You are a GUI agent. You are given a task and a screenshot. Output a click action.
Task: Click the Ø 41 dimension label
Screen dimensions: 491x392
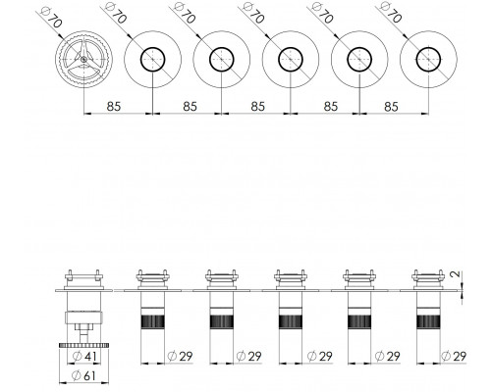point(84,356)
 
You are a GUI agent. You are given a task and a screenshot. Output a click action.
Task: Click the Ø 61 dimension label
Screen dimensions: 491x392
point(83,375)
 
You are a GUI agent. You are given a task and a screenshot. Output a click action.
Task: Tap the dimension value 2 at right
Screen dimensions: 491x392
point(455,274)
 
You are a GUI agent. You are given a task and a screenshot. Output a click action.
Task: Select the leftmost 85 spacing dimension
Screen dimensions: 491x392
point(114,106)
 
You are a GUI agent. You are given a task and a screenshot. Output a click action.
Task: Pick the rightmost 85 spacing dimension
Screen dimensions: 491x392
point(391,106)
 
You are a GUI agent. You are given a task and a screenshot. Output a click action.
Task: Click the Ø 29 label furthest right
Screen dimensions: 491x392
point(454,356)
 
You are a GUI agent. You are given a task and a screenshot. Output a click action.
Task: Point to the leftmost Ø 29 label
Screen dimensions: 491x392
point(180,356)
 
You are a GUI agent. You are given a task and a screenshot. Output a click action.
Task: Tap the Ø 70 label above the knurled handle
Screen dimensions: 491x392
point(51,17)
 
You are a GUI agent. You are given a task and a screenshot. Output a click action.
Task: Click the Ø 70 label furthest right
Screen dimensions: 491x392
point(390,13)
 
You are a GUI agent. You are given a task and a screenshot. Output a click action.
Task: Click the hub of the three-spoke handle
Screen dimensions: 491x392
point(83,59)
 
